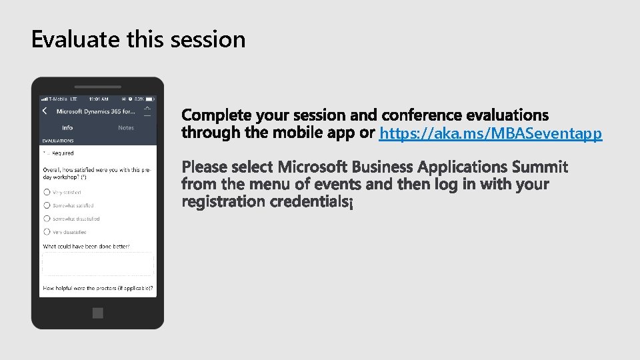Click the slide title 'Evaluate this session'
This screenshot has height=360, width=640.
(x=138, y=39)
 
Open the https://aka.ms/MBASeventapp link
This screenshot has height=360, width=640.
(x=490, y=134)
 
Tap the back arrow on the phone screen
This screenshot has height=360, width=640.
(x=45, y=111)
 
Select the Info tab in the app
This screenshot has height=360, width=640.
(x=67, y=127)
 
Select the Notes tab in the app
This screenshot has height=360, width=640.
(x=126, y=127)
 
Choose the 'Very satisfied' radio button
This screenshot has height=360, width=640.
(x=47, y=192)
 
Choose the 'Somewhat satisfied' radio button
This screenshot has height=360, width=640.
(x=47, y=205)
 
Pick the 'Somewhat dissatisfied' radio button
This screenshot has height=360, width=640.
(x=47, y=219)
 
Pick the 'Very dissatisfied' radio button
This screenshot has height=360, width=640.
(x=47, y=232)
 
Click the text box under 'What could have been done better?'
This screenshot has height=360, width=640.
(x=98, y=264)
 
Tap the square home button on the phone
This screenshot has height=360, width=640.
(x=98, y=313)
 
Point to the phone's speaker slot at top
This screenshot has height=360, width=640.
(x=97, y=87)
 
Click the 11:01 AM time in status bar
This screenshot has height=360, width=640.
(x=98, y=99)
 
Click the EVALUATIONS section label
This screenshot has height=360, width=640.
(x=58, y=141)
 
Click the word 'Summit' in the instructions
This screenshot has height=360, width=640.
(x=540, y=166)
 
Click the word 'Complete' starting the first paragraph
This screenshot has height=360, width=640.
(x=217, y=115)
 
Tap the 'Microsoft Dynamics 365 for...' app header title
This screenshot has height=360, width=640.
(x=95, y=111)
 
